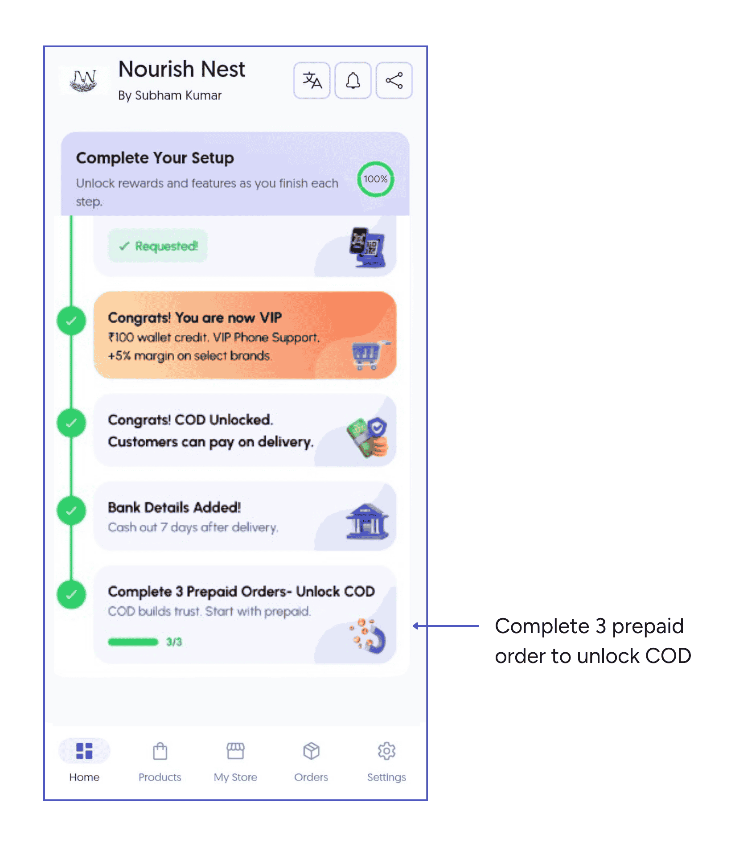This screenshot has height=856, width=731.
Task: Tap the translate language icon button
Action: pos(312,80)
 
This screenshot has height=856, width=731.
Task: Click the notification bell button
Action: pos(353,80)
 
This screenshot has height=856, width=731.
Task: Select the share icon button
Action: pos(394,80)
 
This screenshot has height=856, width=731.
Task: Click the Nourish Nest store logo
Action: pos(84,80)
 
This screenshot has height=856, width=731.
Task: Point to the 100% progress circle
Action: pos(375,179)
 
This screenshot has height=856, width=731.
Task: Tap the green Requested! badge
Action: pos(158,246)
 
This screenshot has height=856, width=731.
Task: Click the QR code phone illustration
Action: pos(367,247)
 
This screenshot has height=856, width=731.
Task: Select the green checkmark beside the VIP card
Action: pos(71,321)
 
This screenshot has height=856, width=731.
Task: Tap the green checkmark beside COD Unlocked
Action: pos(71,423)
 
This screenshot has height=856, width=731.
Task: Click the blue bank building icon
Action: pos(367,521)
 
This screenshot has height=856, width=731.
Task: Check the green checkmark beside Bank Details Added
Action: pos(71,510)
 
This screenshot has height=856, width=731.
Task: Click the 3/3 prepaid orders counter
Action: pos(174,642)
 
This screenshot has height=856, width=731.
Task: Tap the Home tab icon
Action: pos(84,751)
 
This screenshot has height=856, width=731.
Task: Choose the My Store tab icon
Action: pos(235,751)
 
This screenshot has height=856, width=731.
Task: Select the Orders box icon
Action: pos(311,751)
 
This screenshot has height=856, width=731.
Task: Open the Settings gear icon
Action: pos(386,751)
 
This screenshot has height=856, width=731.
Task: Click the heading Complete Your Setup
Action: pos(155,158)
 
